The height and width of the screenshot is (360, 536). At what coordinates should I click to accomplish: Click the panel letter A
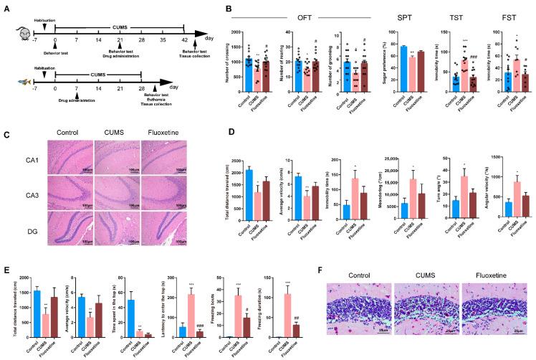point(5,6)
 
